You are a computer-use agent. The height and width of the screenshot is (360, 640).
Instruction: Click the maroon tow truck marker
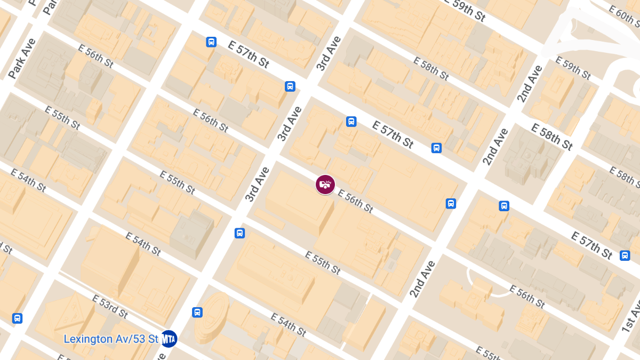pyautogui.click(x=325, y=185)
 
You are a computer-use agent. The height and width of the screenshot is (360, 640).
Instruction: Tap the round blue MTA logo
pyautogui.click(x=169, y=339)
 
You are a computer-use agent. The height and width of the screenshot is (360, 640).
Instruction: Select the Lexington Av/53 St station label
pyautogui.click(x=111, y=339)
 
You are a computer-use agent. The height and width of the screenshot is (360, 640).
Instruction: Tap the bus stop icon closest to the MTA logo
pyautogui.click(x=197, y=313)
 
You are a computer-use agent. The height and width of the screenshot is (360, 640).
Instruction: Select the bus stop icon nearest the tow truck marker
pyautogui.click(x=351, y=122)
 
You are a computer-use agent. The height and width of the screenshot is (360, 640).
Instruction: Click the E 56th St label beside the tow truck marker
pyautogui.click(x=355, y=201)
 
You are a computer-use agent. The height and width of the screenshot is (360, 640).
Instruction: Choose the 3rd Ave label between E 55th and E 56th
pyautogui.click(x=258, y=184)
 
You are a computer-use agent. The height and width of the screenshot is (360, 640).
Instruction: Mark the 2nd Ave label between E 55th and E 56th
pyautogui.click(x=422, y=279)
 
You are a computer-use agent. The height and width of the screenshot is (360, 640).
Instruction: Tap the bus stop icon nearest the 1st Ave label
pyautogui.click(x=625, y=255)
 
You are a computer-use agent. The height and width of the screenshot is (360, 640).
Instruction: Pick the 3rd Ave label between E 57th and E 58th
pyautogui.click(x=328, y=53)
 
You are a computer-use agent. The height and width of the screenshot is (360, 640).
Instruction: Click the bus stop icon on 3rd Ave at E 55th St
pyautogui.click(x=240, y=233)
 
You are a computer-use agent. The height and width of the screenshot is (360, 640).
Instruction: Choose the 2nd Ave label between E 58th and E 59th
pyautogui.click(x=530, y=83)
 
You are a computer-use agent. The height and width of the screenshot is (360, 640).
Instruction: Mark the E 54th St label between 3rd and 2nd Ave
pyautogui.click(x=288, y=325)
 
